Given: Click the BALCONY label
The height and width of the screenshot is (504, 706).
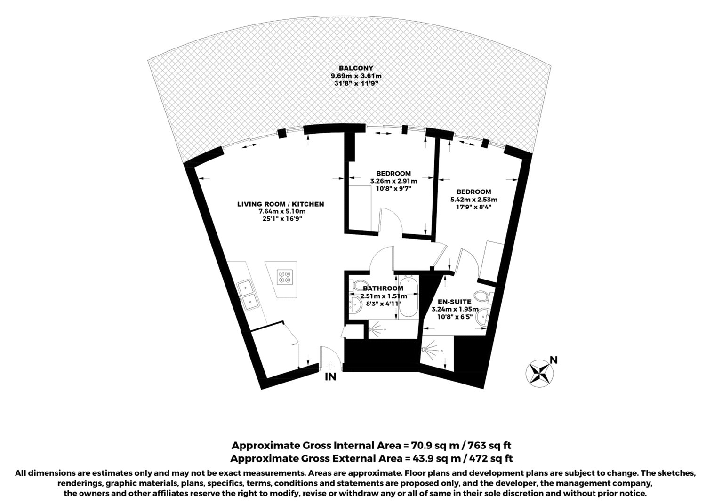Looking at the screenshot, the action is tap(356, 68).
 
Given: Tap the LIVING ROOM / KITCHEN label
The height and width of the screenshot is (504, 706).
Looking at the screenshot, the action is tap(281, 204).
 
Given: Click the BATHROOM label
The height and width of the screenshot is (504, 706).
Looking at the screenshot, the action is tap(383, 288).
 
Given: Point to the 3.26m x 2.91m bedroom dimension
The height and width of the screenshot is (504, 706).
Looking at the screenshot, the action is tap(393, 181).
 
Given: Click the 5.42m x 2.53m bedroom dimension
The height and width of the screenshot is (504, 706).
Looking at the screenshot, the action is tap(474, 200).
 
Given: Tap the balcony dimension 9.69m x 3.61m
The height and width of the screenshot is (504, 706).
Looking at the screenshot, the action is tap(356, 76).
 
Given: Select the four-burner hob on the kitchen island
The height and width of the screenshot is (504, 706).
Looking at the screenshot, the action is tap(285, 277).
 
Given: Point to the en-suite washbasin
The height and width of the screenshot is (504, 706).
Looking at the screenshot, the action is tap(483, 316).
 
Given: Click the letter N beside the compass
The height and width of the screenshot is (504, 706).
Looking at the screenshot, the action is tap(554, 360).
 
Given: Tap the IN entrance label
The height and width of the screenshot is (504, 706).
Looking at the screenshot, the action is tap(330, 376).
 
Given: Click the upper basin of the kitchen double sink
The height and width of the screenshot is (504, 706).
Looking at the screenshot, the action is tap(244, 287).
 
